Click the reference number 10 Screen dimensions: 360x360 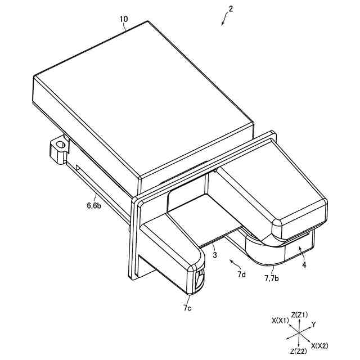coord(124,19)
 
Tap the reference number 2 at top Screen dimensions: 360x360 coord(231,9)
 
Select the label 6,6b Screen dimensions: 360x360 coord(94,206)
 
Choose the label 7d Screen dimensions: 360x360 coord(241,274)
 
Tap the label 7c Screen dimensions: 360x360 coord(187,308)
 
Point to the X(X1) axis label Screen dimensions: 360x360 coord(280,320)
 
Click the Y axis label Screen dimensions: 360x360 coord(314,324)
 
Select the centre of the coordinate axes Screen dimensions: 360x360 coord(298,334)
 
